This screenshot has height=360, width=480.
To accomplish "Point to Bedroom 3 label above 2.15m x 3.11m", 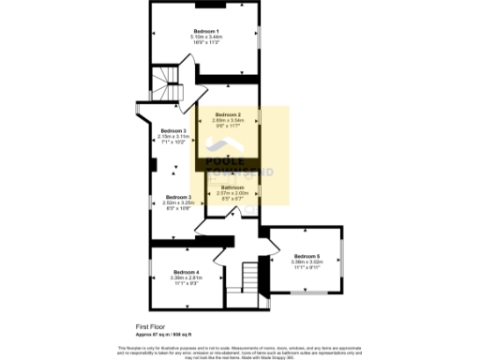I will click(x=172, y=130).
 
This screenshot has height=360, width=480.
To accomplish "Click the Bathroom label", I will click(x=232, y=187).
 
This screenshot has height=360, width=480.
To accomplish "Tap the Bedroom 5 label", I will click(x=307, y=256).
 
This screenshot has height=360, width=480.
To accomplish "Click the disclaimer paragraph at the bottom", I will click(x=240, y=351).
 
